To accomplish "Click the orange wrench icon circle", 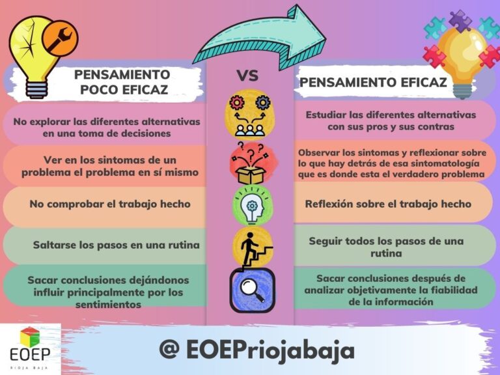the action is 60,38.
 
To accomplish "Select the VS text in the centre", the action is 247,76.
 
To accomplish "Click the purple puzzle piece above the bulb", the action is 460,21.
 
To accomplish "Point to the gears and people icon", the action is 250,115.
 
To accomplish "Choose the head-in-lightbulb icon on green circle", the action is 252,206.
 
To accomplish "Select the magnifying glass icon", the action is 252,290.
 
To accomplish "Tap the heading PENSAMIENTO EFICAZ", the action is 373,82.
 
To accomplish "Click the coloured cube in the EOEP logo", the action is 30,337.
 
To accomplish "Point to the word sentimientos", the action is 109,305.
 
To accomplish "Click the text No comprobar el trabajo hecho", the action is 110,204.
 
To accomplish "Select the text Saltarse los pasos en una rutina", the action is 117,245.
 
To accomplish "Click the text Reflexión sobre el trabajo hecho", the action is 388,204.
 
